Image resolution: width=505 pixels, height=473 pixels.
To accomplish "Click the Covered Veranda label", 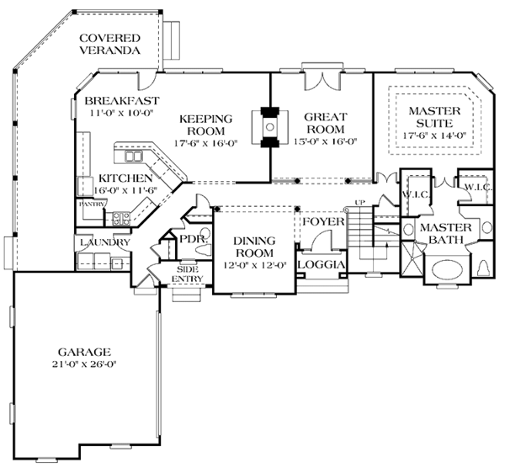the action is tap(109, 44).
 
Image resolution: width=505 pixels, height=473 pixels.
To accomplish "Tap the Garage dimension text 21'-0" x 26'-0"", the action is tap(83, 364).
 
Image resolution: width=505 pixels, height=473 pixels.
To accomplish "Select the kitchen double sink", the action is tap(133, 157).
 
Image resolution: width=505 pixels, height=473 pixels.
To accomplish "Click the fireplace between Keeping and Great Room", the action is tap(270, 127).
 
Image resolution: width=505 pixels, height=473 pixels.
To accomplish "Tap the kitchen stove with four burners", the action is tap(121, 218).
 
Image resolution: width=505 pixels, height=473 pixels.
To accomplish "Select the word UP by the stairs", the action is tap(359, 203).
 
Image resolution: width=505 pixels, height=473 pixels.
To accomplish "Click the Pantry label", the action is tap(92, 205).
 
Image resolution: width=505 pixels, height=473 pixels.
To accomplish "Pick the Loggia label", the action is tap(322, 264).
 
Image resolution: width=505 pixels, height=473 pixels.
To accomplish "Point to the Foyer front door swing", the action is tap(322, 240).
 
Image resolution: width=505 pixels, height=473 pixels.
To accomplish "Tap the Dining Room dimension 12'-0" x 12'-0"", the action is tap(255, 265).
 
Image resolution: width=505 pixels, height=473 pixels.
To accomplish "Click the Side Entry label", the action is tap(187, 274).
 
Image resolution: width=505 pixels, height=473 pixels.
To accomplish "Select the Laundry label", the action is tap(105, 242).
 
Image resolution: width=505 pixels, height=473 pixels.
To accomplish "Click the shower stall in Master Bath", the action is tap(412, 259).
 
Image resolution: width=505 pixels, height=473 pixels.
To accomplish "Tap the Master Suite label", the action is tap(434, 117).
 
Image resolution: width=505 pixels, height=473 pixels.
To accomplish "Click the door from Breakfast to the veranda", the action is tap(147, 81).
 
